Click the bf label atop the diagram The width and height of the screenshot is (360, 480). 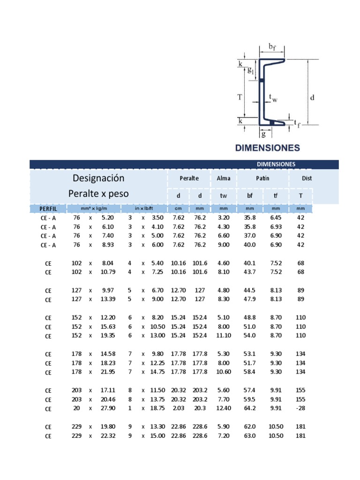(x=272, y=46)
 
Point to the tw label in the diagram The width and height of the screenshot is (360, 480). (x=273, y=98)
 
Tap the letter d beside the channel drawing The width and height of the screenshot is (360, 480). (x=312, y=98)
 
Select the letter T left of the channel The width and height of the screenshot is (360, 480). (x=240, y=97)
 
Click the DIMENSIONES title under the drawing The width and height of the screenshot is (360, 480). (x=267, y=148)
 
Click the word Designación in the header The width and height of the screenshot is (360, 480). (x=98, y=178)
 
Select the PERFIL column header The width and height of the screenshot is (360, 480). (x=48, y=208)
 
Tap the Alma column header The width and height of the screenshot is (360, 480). (x=224, y=179)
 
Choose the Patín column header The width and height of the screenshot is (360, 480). (x=262, y=179)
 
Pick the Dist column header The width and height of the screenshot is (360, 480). (x=307, y=179)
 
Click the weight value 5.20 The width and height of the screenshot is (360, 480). (x=107, y=217)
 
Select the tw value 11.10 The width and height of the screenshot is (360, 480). (x=224, y=335)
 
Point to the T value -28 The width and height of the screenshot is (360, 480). (x=301, y=408)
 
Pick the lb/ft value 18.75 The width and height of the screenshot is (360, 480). (x=158, y=408)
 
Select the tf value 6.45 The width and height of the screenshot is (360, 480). (x=276, y=217)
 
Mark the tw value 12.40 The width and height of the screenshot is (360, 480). (x=224, y=408)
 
